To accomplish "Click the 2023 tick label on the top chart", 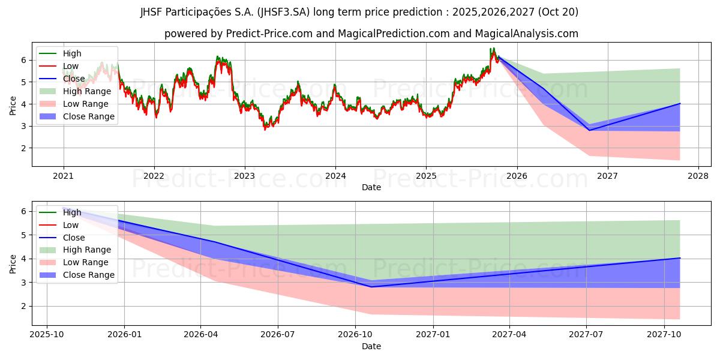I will coord(244,176).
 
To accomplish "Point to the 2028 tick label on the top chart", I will coord(698,176).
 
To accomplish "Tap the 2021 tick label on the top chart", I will coord(63,176).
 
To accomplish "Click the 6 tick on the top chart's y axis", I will coord(24,60).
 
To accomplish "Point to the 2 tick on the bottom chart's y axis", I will coord(24,306).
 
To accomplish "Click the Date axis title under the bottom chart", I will coord(371,346).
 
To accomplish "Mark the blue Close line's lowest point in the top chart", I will coord(589,130).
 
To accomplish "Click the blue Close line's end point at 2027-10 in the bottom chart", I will coord(680,258).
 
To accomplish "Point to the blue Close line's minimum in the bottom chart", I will coord(371,287).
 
